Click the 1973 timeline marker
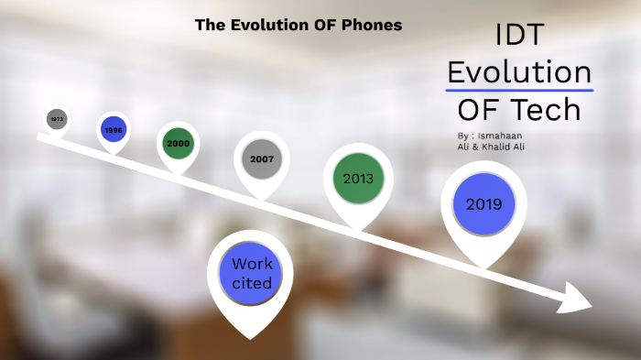[57, 119]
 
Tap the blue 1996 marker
[114, 130]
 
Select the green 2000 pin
[178, 144]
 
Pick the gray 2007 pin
[262, 159]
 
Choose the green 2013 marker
[358, 179]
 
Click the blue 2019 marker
[483, 204]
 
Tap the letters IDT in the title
[519, 36]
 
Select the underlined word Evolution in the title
[519, 71]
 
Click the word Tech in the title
[547, 109]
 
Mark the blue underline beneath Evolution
[519, 91]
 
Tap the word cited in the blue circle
[252, 283]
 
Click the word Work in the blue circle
[252, 265]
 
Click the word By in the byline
[463, 136]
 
